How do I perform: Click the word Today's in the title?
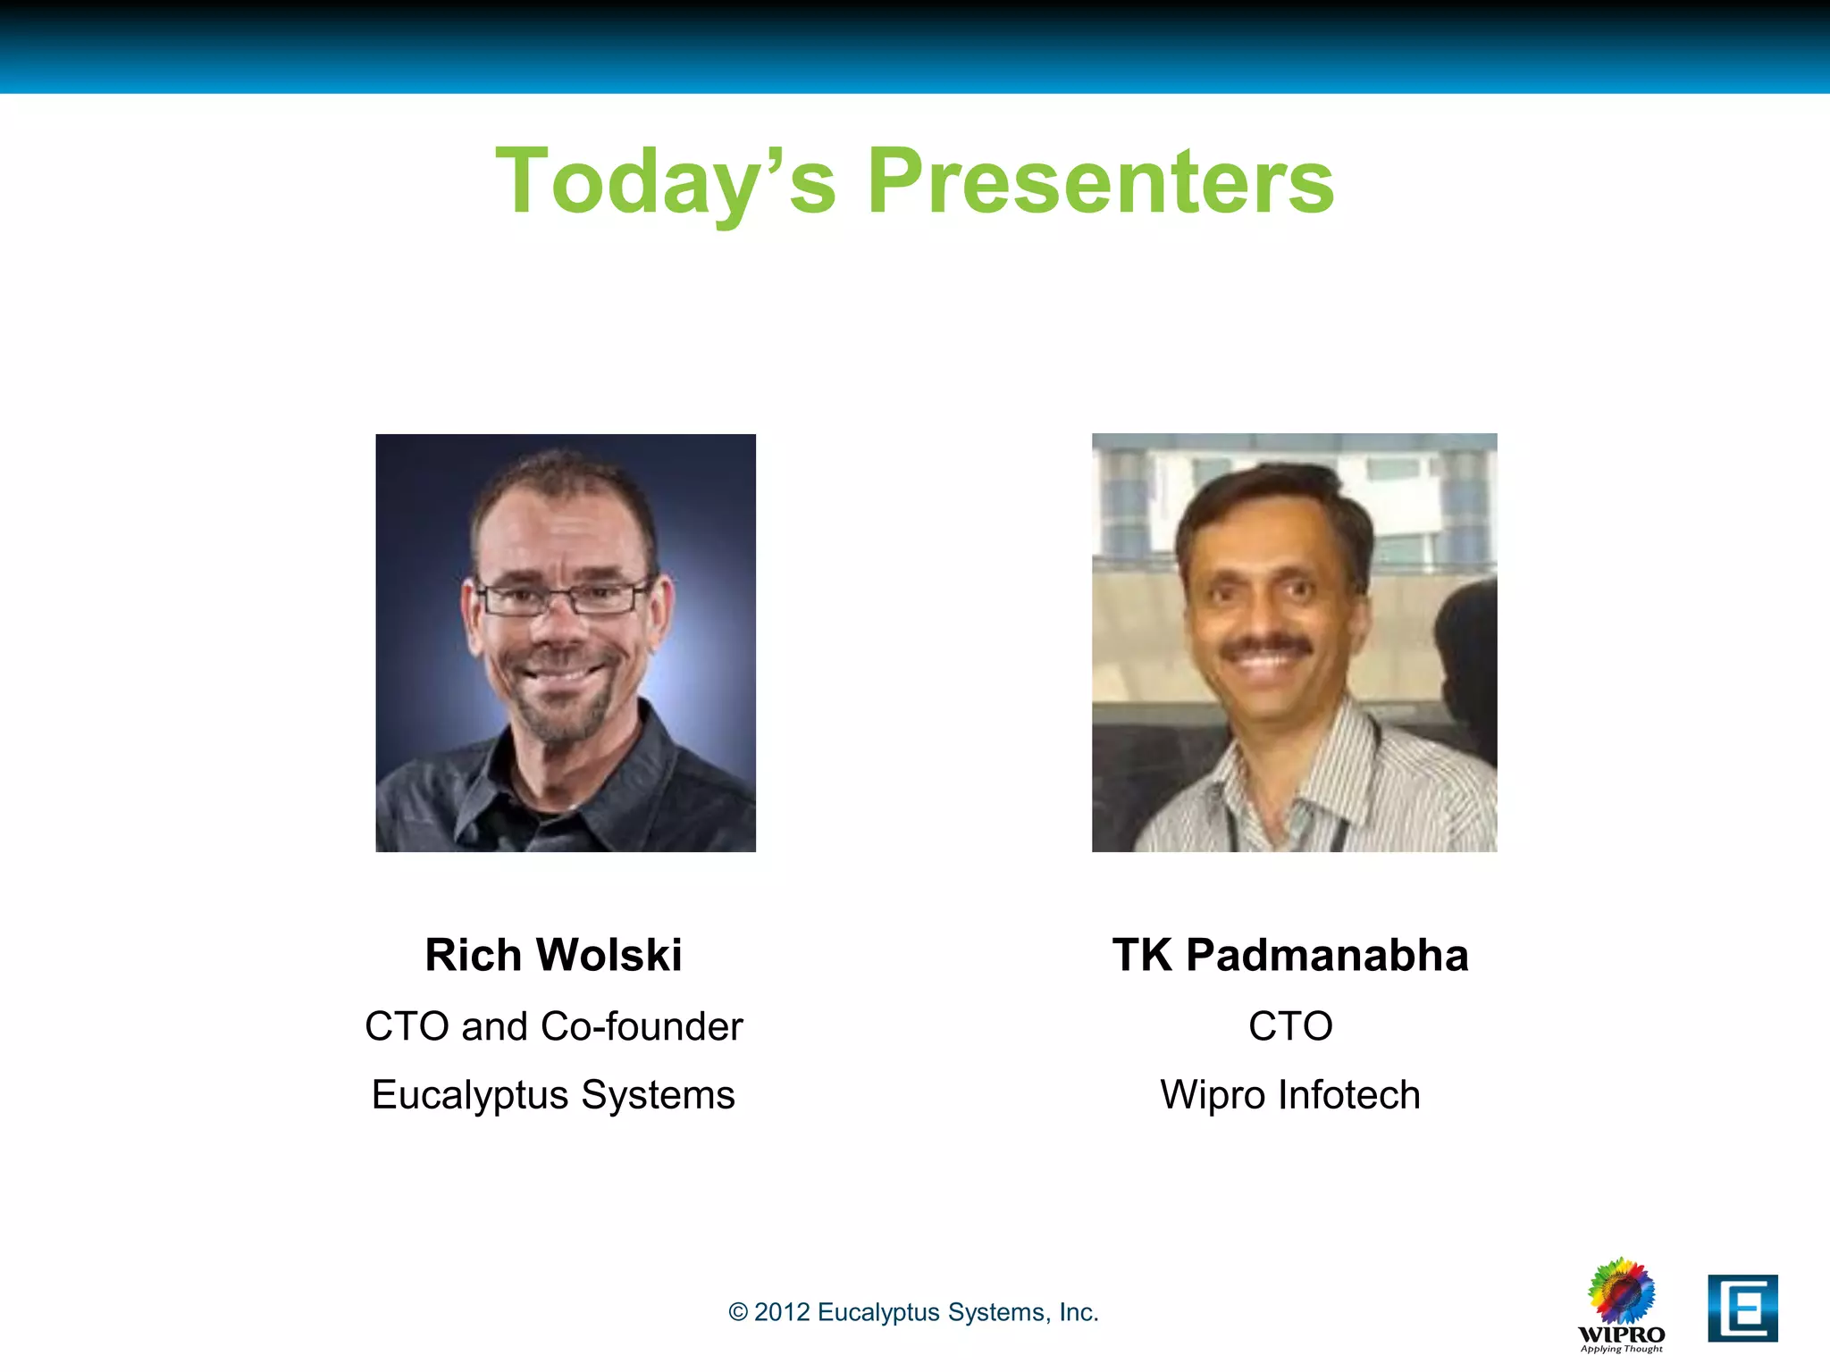[x=666, y=182]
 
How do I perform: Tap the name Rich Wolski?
[x=553, y=955]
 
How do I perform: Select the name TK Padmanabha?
[x=1290, y=955]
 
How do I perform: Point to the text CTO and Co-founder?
[x=553, y=1026]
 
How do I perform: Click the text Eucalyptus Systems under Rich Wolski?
[x=553, y=1095]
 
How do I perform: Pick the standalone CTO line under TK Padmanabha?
[x=1290, y=1026]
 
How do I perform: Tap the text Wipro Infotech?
[x=1290, y=1095]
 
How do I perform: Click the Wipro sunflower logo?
[x=1621, y=1292]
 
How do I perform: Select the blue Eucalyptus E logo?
[x=1742, y=1309]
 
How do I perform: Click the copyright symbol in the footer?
[x=738, y=1312]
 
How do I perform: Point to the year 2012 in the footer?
[x=782, y=1312]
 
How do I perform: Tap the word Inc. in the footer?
[x=1079, y=1312]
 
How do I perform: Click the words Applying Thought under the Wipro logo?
[x=1621, y=1349]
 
